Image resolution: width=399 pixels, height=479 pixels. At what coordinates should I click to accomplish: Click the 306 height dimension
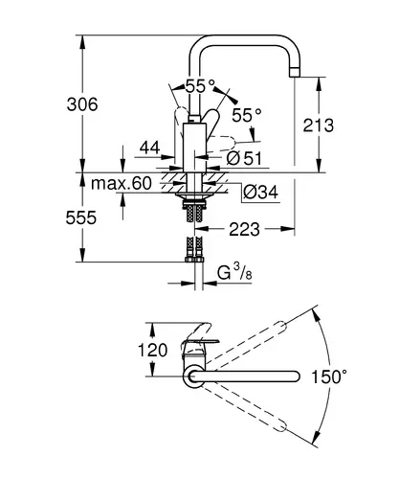pyautogui.click(x=82, y=104)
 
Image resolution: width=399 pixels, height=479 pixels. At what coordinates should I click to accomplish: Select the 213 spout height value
pyautogui.click(x=318, y=125)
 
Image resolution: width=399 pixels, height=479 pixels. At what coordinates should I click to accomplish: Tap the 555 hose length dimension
pyautogui.click(x=81, y=218)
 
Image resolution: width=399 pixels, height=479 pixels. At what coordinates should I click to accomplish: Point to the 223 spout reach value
pyautogui.click(x=244, y=229)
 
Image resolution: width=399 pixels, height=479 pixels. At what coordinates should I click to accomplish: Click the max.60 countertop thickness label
pyautogui.click(x=122, y=184)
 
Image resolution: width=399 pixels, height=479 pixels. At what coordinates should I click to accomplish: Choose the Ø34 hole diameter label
pyautogui.click(x=260, y=192)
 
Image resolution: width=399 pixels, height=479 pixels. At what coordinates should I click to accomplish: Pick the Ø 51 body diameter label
pyautogui.click(x=244, y=158)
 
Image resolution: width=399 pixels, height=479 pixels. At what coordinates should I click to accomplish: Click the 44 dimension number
pyautogui.click(x=149, y=148)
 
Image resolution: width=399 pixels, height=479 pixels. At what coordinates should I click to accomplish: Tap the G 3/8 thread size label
pyautogui.click(x=234, y=272)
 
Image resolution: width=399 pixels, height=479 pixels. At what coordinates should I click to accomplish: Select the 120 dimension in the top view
pyautogui.click(x=152, y=350)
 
